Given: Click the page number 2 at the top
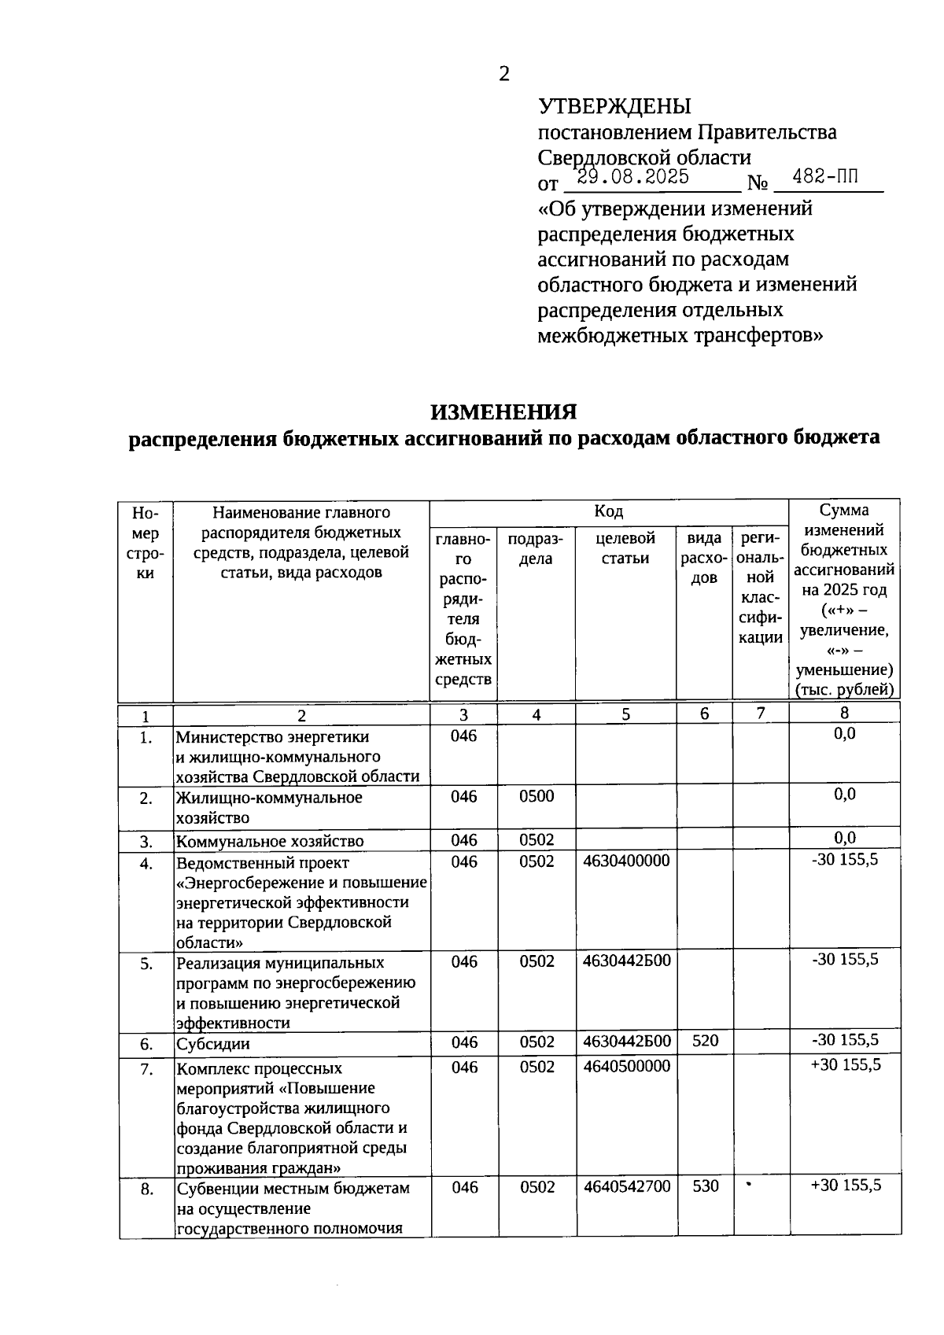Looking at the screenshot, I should tap(504, 74).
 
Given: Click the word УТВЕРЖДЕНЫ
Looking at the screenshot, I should tap(614, 106).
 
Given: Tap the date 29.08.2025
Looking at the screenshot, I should tap(632, 177).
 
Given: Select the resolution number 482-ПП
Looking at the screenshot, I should tap(825, 177).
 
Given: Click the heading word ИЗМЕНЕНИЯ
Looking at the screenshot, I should tap(503, 411).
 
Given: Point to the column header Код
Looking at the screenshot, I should tap(608, 511).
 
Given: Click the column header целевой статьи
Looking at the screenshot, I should tap(625, 548).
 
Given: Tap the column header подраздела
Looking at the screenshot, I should tap(536, 548).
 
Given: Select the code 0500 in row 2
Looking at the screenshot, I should tap(537, 796).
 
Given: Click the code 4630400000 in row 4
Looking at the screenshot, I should tap(626, 861).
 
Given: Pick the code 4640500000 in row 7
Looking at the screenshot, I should tap(626, 1067).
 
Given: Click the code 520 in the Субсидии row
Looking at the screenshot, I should tap(705, 1041).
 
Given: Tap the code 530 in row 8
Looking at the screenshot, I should tap(705, 1186).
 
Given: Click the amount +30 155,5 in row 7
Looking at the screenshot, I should tap(845, 1065).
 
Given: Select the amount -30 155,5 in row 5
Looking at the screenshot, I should tap(845, 959).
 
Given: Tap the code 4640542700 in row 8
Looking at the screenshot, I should tap(627, 1186).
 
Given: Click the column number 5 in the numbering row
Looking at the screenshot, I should tap(625, 714).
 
